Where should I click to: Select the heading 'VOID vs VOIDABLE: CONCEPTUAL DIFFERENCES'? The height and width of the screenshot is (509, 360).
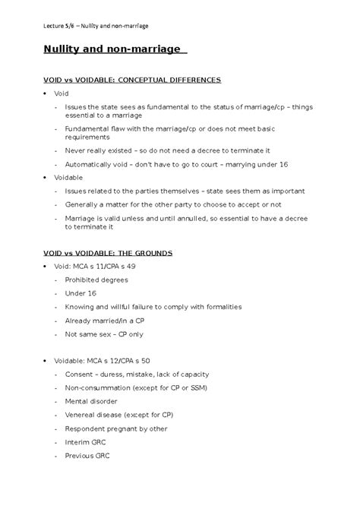(131, 79)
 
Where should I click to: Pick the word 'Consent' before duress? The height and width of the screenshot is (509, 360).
(79, 374)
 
